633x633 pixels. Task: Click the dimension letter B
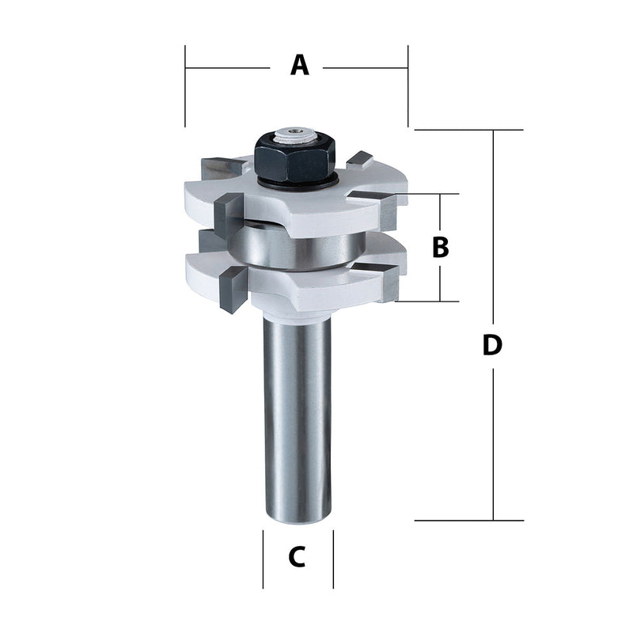(441, 247)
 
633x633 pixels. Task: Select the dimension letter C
(297, 557)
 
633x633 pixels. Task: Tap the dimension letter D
(492, 346)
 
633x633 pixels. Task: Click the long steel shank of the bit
(297, 419)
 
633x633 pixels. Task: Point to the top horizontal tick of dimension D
(468, 129)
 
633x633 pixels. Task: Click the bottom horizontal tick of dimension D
(468, 520)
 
